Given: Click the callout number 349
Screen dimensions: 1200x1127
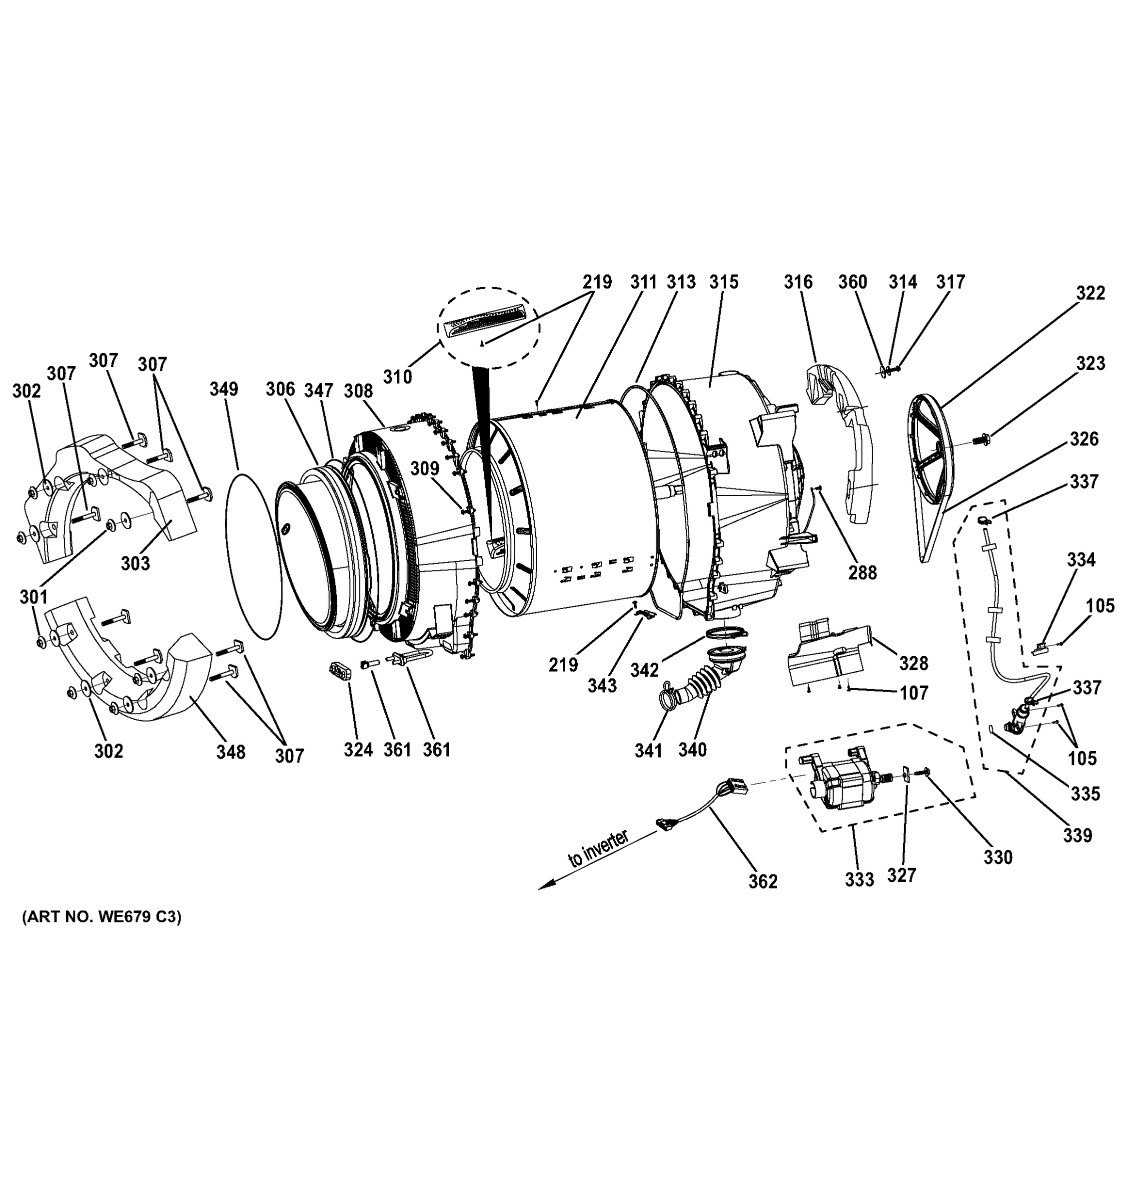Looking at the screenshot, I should tap(224, 389).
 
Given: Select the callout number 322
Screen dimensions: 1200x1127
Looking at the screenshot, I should tap(1090, 293).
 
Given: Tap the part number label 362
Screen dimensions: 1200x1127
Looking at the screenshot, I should tap(763, 882).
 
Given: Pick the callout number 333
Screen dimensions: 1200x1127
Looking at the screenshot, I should tap(859, 880).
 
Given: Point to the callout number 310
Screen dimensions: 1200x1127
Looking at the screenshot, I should tap(398, 377).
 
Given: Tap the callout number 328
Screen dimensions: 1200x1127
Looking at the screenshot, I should tap(914, 663).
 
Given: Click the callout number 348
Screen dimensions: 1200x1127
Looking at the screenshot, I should tap(231, 752).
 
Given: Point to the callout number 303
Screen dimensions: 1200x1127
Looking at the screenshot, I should tap(135, 564).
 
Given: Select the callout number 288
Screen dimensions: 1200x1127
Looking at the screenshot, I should tap(862, 573).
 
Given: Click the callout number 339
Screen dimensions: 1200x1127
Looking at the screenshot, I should tap(1077, 836).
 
